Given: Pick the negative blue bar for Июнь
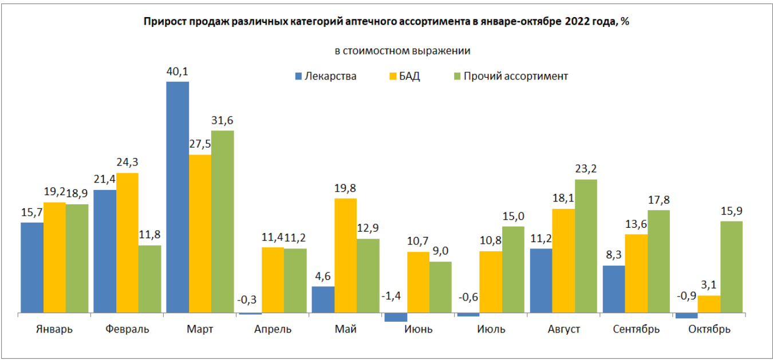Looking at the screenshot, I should (396, 318).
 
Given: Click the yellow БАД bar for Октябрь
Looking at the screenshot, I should (709, 304).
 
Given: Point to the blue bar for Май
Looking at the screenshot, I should (323, 300).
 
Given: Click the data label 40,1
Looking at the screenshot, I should (178, 72).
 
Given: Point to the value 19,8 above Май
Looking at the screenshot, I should (345, 188).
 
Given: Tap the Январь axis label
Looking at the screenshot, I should (54, 330).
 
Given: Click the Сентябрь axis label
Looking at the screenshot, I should (636, 330).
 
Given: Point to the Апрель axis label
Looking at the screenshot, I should (273, 330).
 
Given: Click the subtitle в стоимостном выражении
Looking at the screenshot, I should (402, 50).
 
